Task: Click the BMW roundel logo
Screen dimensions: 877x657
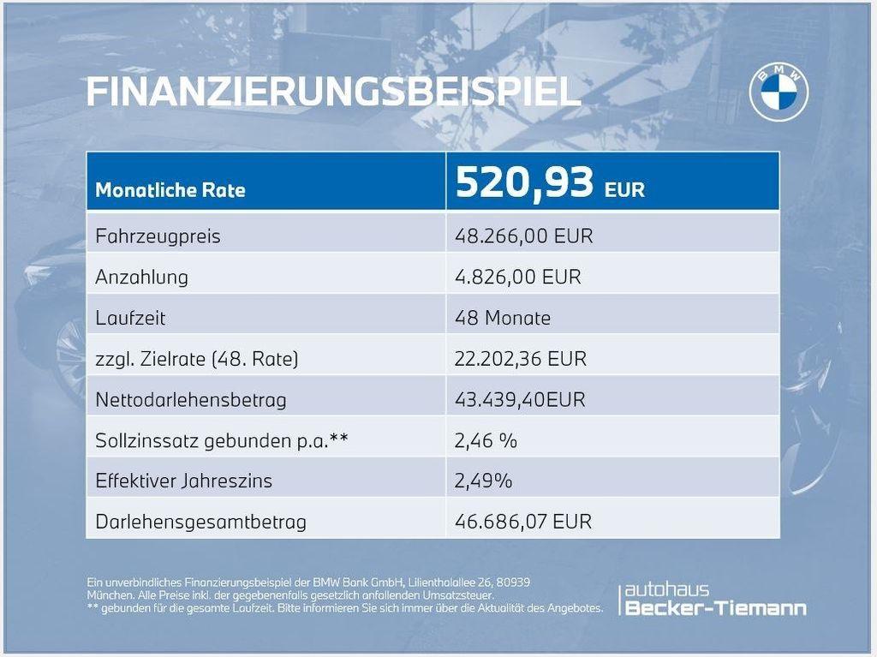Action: point(779,93)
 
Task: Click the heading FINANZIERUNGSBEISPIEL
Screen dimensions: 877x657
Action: point(333,91)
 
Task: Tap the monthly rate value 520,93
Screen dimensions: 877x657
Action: point(524,182)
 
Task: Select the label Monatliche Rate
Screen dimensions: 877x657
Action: point(170,190)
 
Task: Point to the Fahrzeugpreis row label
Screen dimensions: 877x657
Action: point(158,236)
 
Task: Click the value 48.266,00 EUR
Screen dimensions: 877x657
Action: point(523,236)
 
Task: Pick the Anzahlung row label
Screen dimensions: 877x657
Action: point(141,277)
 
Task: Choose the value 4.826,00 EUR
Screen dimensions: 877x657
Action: point(518,277)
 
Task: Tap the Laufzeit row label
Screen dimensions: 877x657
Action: point(130,318)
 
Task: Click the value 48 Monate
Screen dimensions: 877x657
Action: point(502,318)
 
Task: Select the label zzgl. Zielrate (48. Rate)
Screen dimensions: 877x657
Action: point(196,359)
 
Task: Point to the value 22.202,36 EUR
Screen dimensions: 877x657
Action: point(521,358)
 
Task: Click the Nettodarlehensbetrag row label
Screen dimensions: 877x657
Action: point(191,399)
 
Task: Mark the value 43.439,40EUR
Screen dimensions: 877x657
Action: point(520,399)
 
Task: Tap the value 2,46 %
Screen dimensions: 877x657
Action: point(486,441)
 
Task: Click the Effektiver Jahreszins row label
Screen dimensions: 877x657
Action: point(183,481)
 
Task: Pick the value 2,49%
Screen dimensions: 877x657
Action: point(483,481)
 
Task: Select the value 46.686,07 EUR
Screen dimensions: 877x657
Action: point(523,522)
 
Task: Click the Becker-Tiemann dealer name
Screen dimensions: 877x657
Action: point(715,608)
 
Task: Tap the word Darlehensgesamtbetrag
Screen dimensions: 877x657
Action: point(200,523)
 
